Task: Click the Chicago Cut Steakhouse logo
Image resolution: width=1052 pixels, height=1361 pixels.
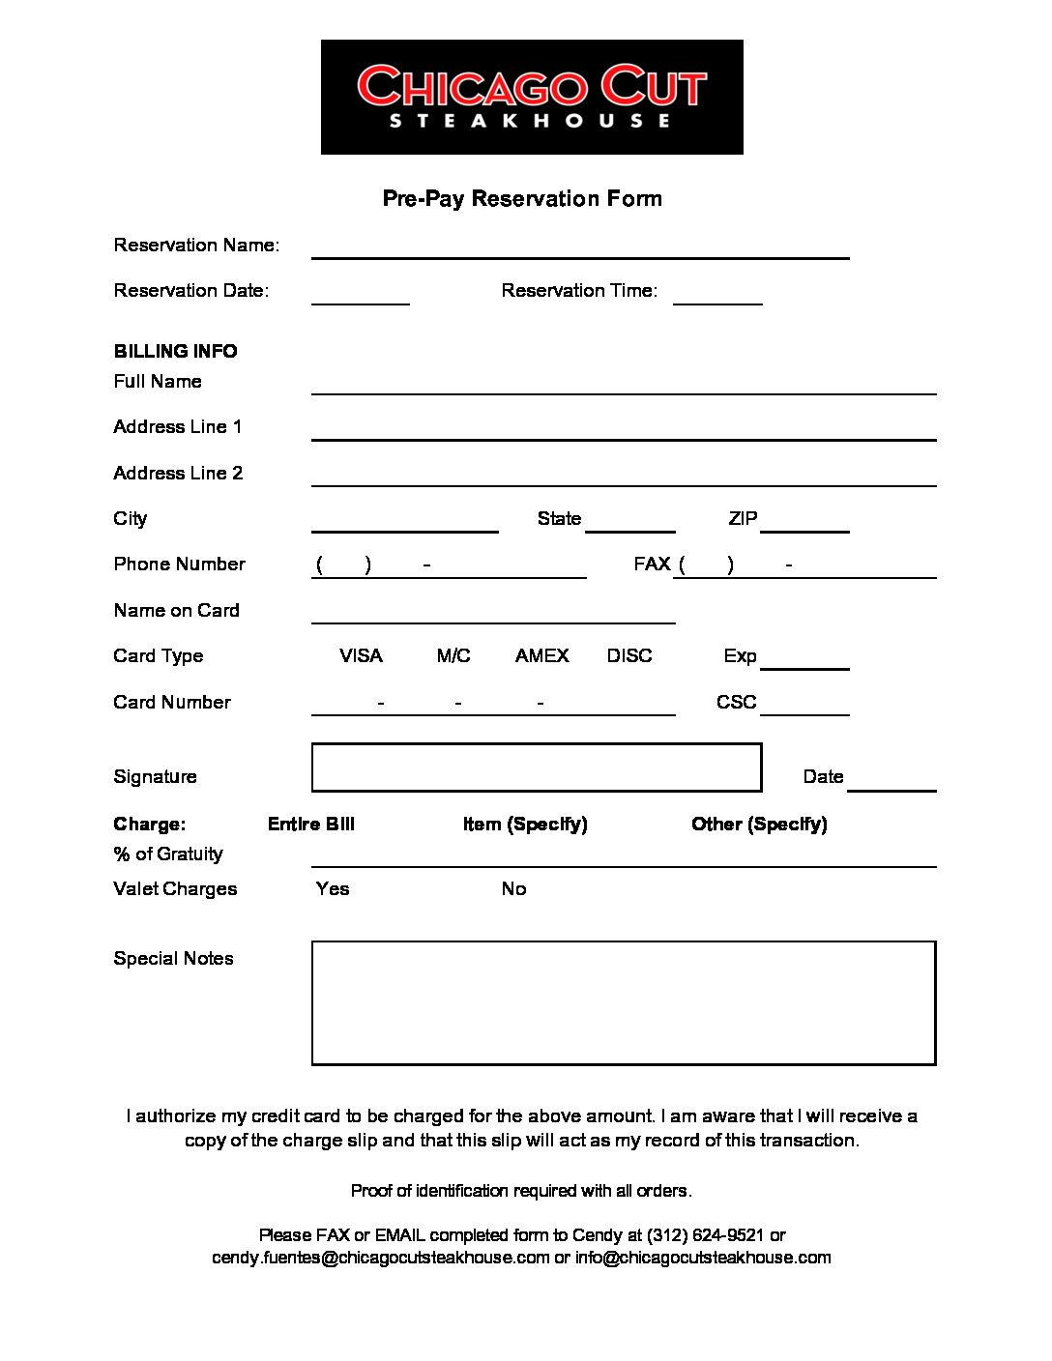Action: point(532,97)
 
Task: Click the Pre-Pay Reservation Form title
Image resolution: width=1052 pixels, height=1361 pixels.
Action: point(522,198)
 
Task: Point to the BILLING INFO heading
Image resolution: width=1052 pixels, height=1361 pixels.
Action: point(175,351)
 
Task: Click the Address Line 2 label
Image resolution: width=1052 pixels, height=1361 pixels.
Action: point(178,473)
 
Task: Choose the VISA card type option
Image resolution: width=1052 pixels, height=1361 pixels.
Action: point(361,655)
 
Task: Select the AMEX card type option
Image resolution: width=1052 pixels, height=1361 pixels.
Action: point(541,655)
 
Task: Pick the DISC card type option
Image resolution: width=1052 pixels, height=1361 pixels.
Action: point(629,655)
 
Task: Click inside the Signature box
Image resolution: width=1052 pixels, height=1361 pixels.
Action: point(537,767)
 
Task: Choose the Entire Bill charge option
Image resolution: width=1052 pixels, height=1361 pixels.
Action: point(310,824)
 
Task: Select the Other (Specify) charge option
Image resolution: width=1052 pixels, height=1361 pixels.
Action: point(759,824)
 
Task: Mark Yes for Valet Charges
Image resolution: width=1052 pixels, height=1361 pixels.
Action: point(333,888)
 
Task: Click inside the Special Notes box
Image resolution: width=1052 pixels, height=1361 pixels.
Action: point(624,1002)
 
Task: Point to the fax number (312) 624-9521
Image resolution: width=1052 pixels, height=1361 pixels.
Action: point(705,1235)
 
